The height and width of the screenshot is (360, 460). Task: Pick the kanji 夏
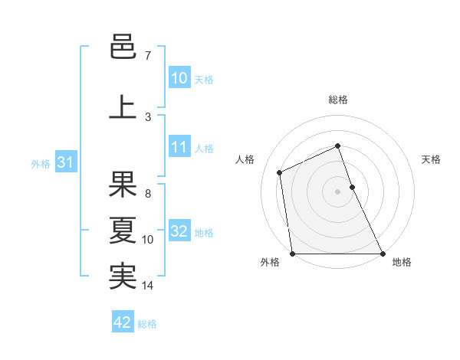(123, 231)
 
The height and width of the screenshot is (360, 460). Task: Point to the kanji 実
(123, 277)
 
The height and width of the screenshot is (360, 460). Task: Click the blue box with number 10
(179, 78)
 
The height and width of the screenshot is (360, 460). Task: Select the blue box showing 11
(179, 147)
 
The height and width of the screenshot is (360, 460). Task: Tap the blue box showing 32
(179, 231)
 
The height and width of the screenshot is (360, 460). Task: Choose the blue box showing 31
(64, 162)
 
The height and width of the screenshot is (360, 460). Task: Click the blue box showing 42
(123, 322)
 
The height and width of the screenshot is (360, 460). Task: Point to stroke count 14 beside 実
(148, 286)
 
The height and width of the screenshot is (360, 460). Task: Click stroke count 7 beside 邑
(147, 56)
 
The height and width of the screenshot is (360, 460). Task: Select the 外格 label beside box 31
(41, 163)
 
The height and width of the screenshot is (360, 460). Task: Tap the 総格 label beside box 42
(147, 324)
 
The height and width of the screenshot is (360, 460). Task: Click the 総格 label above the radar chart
(337, 100)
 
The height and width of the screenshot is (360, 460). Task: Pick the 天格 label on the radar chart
(431, 159)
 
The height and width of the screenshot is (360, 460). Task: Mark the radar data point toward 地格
(383, 254)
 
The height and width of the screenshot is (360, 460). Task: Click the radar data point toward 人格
(280, 172)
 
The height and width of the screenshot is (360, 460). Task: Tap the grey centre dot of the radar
(337, 191)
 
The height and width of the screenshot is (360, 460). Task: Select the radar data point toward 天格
(352, 186)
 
